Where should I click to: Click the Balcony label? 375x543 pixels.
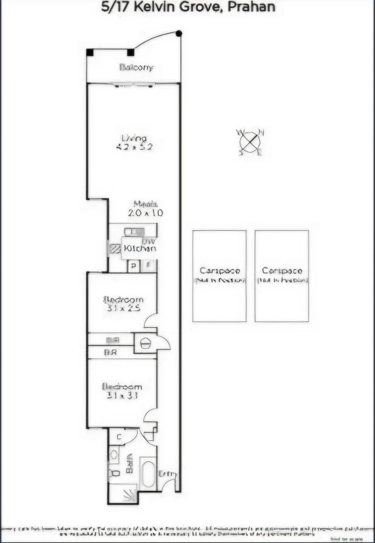136,67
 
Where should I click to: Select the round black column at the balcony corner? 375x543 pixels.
179,33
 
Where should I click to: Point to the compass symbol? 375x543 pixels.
250,141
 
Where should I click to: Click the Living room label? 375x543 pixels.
134,138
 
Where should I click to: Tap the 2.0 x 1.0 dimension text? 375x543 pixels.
145,213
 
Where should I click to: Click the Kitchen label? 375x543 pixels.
140,248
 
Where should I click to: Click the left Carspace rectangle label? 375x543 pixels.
220,270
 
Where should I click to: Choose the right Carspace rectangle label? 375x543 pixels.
282,270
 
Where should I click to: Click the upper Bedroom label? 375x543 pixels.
123,300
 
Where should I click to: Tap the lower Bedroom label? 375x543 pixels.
122,387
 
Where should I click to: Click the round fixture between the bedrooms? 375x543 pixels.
145,343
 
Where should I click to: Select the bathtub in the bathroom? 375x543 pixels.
148,474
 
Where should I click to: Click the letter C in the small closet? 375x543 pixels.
119,436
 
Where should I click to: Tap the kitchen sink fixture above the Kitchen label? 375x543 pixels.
134,232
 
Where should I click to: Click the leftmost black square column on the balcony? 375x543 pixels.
90,52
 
